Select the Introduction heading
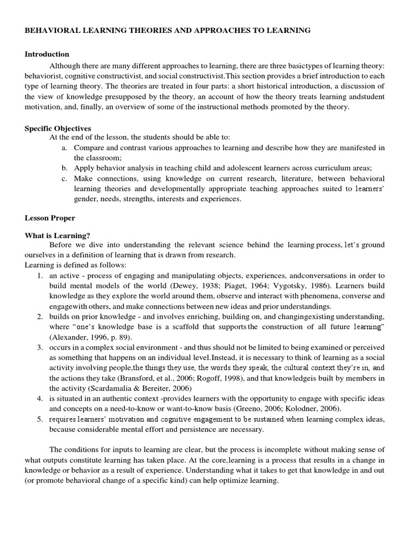click(47, 54)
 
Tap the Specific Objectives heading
click(58, 128)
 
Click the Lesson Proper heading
click(50, 218)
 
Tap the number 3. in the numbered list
click(40, 347)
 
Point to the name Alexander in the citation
click(66, 337)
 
